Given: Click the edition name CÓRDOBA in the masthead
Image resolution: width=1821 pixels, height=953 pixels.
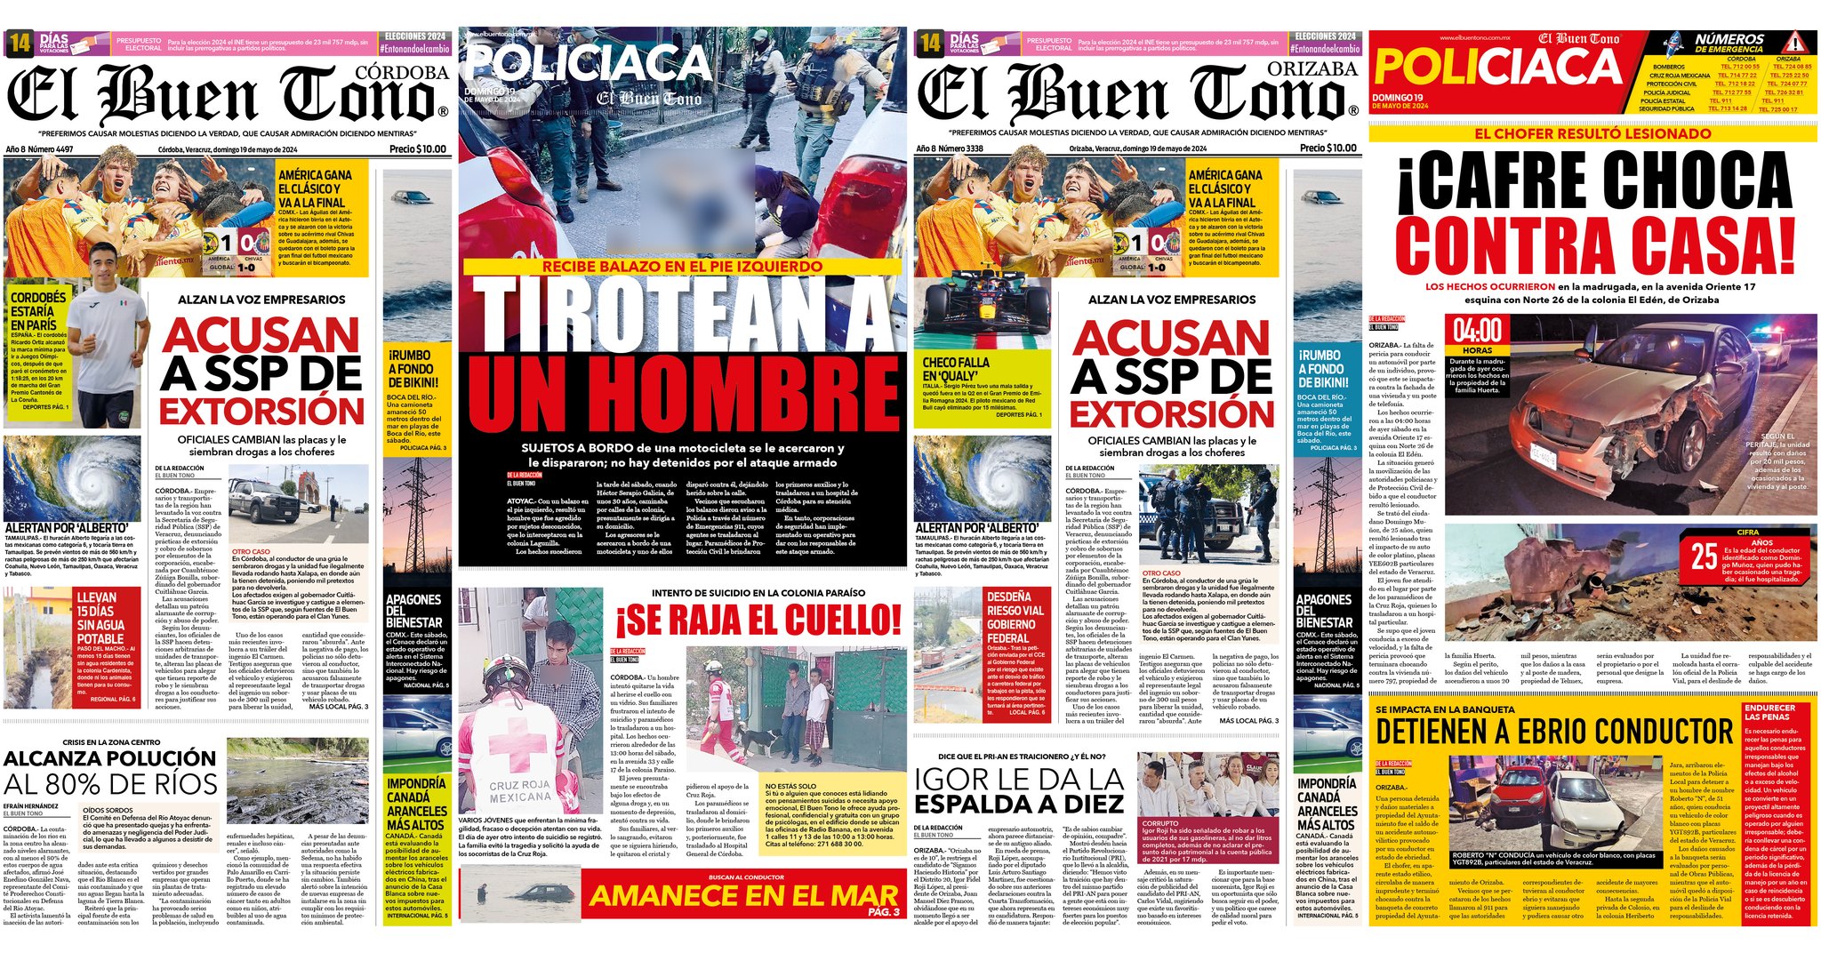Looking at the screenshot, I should pyautogui.click(x=402, y=73).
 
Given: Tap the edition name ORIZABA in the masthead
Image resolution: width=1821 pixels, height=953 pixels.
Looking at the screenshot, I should pyautogui.click(x=1312, y=69).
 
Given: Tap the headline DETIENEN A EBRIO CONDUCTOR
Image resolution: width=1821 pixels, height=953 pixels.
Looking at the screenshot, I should pyautogui.click(x=1554, y=733).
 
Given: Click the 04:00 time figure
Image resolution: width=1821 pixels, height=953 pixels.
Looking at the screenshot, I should pyautogui.click(x=1477, y=332).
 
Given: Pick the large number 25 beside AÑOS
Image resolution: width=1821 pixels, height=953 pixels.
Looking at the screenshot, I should pyautogui.click(x=1704, y=557).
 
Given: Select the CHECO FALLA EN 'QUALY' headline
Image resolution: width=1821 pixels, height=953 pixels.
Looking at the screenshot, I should pyautogui.click(x=956, y=369).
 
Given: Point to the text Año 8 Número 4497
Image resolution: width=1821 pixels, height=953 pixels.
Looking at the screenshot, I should pyautogui.click(x=40, y=149).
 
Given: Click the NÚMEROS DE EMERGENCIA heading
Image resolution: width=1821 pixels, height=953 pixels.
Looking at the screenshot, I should pyautogui.click(x=1729, y=43).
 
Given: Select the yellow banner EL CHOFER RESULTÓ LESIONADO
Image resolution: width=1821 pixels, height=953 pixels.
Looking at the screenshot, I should pyautogui.click(x=1592, y=134).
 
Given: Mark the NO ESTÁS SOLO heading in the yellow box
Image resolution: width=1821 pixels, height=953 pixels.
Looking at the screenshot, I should pyautogui.click(x=790, y=786).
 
